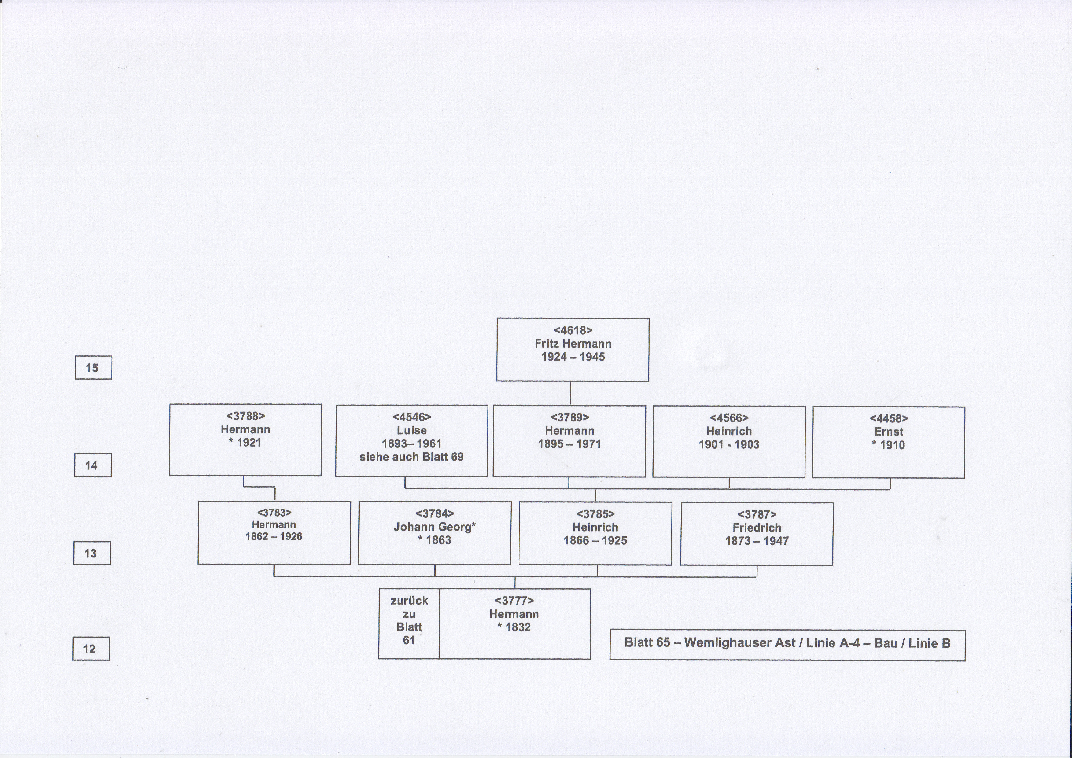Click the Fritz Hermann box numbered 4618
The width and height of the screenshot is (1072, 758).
click(573, 350)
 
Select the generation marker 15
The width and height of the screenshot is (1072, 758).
click(93, 367)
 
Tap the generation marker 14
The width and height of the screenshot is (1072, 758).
click(92, 465)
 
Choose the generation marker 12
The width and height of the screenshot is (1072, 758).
click(91, 648)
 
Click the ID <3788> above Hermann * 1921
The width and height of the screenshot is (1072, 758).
click(245, 416)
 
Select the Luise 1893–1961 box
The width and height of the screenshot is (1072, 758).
click(411, 441)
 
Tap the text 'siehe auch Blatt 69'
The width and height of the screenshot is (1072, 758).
click(411, 457)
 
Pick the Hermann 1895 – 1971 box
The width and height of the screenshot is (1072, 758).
click(569, 441)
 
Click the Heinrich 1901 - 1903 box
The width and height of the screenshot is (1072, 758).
click(729, 442)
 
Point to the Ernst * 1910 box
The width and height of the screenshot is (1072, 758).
click(889, 442)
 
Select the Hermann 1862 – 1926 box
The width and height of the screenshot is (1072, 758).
click(274, 532)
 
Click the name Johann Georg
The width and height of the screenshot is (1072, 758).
click(433, 527)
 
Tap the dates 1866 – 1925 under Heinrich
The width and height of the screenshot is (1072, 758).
click(595, 540)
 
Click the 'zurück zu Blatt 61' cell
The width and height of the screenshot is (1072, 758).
click(409, 624)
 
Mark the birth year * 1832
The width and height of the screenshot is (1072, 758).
click(514, 627)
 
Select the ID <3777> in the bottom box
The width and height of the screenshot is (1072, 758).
click(514, 601)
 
